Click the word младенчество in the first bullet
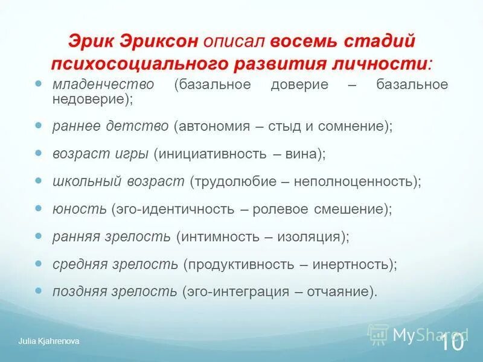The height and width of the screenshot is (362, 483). point(103,84)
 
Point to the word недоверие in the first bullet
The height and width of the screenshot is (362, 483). point(88,100)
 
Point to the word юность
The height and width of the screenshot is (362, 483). point(79,209)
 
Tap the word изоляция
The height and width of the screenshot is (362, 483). point(309,236)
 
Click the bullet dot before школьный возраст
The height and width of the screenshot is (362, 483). point(39,180)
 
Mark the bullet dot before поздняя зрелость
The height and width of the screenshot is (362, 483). point(39,290)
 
